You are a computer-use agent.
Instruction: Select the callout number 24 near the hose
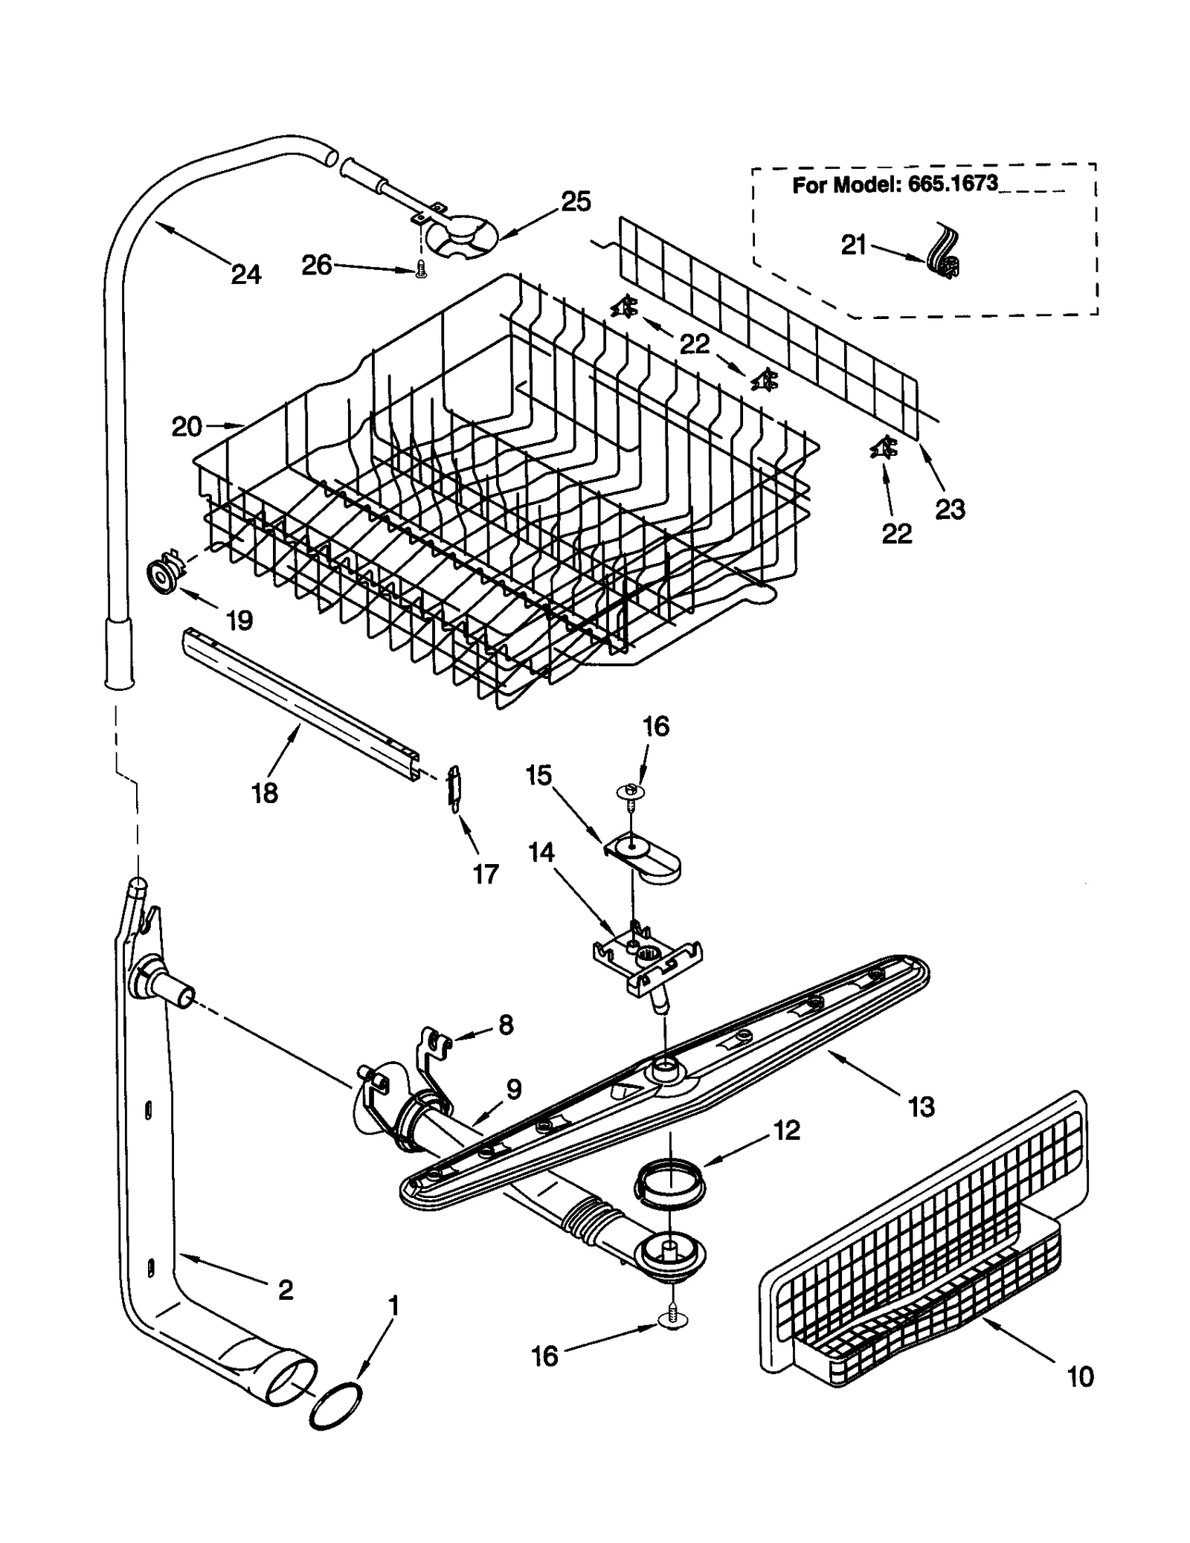[x=245, y=274]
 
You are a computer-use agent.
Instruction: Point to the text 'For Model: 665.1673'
[x=895, y=184]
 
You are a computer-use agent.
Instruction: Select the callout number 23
[x=950, y=509]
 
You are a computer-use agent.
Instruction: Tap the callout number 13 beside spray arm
[x=921, y=1107]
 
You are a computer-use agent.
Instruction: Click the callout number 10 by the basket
[x=1080, y=1376]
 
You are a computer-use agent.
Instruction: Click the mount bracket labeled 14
[x=647, y=958]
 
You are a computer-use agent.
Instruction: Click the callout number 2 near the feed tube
[x=286, y=1290]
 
